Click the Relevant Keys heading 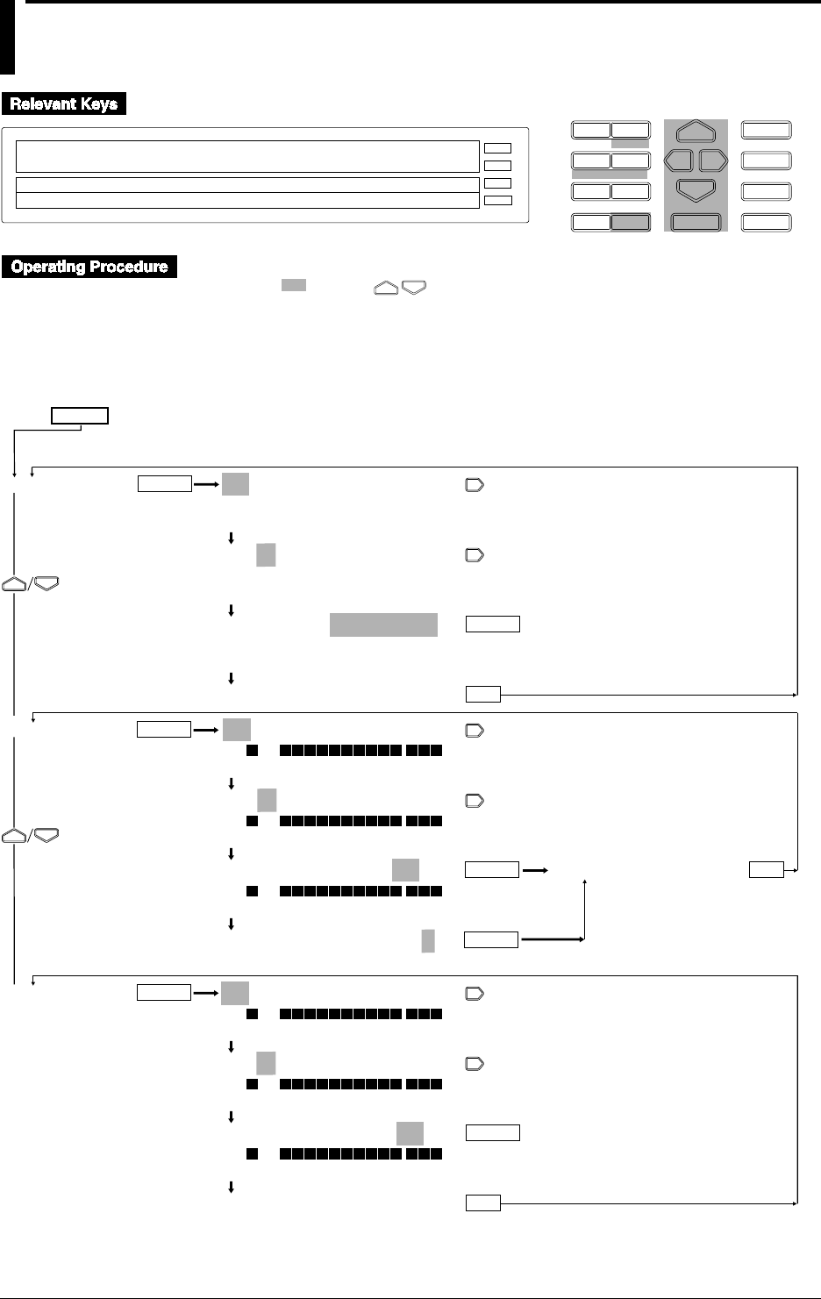[x=64, y=103]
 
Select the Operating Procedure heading [x=89, y=267]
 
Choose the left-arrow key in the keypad [x=679, y=161]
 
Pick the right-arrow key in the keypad [x=714, y=161]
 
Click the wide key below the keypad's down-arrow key [x=696, y=222]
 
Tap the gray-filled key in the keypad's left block [x=631, y=222]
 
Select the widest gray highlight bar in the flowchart [x=383, y=625]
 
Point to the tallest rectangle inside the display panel [x=247, y=156]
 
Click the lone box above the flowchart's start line [x=80, y=415]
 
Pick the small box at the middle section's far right [x=767, y=870]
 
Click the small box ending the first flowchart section [x=482, y=695]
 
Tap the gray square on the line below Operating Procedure [x=293, y=285]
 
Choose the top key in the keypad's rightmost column [x=767, y=131]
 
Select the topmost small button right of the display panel [x=497, y=148]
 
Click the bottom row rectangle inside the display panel [x=247, y=201]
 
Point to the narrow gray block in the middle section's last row [x=428, y=940]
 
